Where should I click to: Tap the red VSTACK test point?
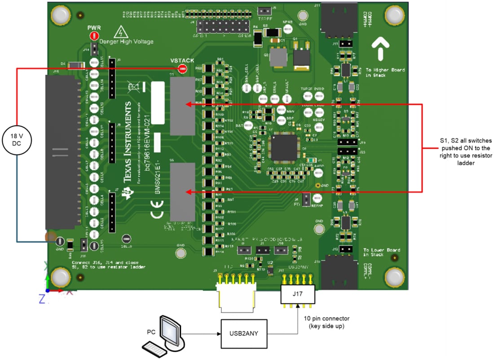click(x=182, y=69)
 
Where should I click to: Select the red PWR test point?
click(x=94, y=36)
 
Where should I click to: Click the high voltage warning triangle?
click(x=119, y=32)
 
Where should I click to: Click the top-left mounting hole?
click(x=60, y=15)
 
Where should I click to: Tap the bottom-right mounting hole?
click(x=394, y=277)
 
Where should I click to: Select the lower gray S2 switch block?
click(x=182, y=191)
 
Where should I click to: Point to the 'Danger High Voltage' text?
click(x=126, y=42)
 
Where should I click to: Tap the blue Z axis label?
click(x=41, y=298)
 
